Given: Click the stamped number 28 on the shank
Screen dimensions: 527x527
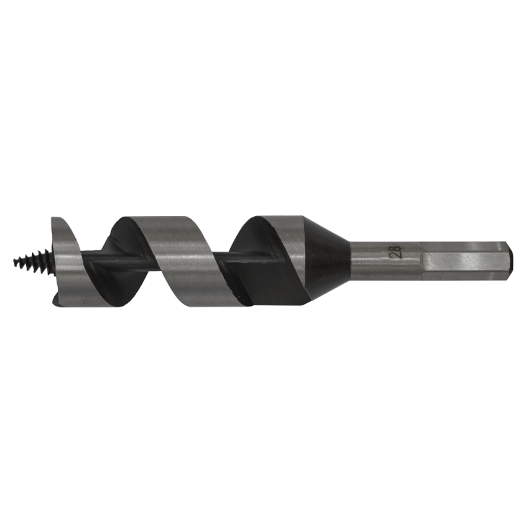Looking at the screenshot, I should click(x=396, y=251).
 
